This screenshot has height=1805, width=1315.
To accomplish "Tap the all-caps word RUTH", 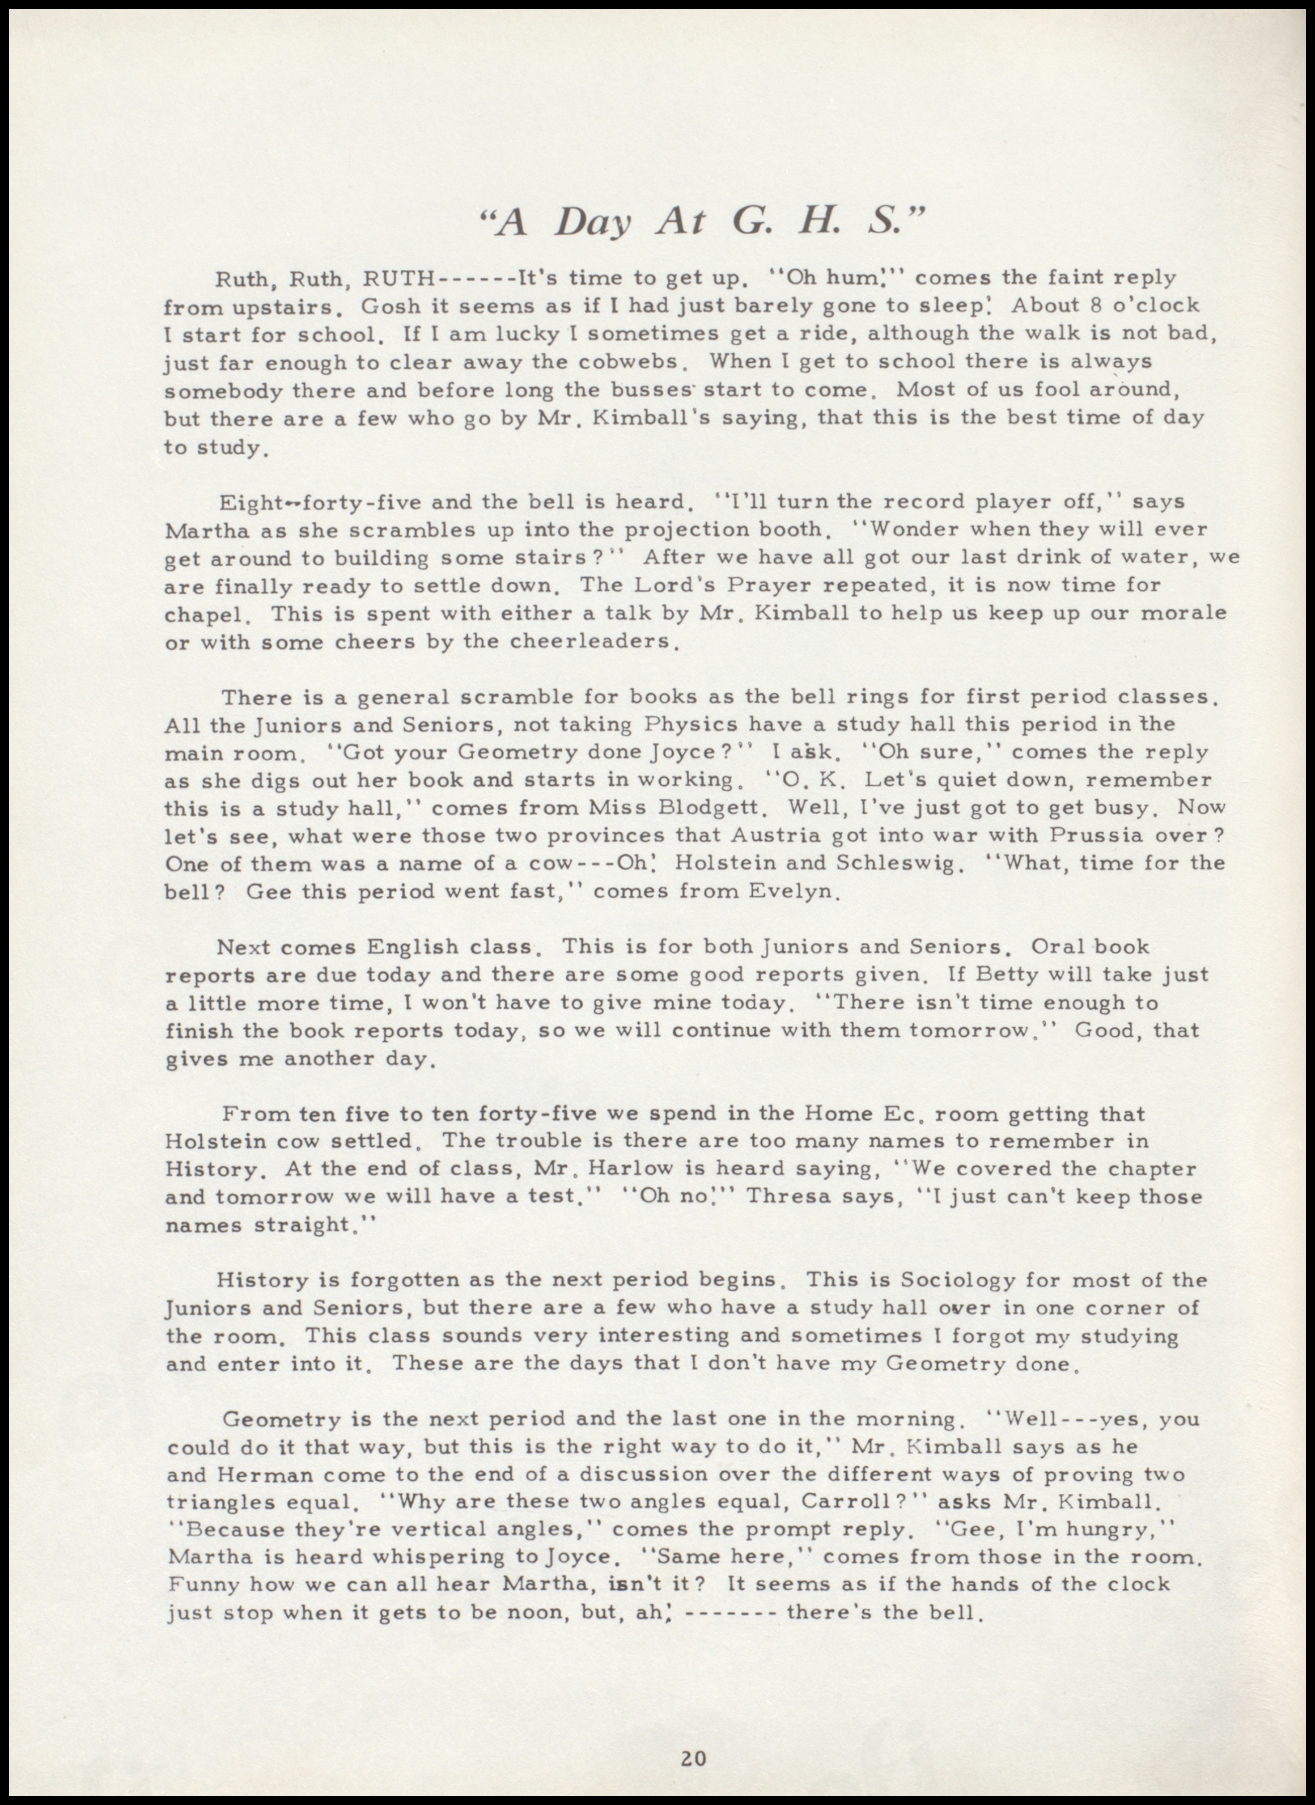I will [399, 279].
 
